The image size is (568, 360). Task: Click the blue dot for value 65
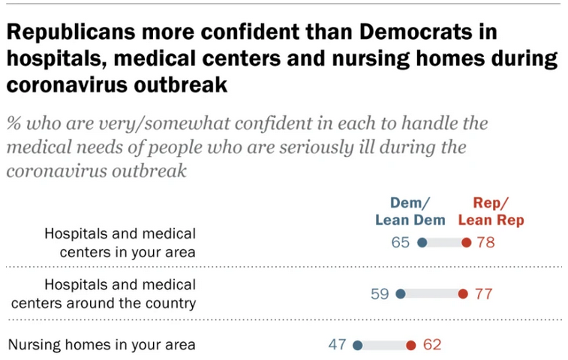click(x=422, y=242)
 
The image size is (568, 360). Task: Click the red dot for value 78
click(x=466, y=242)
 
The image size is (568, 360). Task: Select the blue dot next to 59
click(x=400, y=294)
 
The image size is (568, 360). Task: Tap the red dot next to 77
click(x=463, y=294)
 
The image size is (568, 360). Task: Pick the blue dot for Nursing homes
click(x=357, y=346)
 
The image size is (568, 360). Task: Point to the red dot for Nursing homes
click(x=410, y=346)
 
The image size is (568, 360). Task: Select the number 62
click(x=432, y=345)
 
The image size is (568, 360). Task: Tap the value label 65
click(x=401, y=242)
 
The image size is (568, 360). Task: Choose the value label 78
click(x=486, y=242)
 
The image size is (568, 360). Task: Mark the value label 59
click(x=380, y=294)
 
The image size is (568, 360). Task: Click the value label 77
click(x=484, y=294)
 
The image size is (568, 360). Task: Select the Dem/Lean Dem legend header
click(x=410, y=211)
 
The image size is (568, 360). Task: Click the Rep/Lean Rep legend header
click(x=491, y=211)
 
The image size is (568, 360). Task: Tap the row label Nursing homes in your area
click(x=101, y=345)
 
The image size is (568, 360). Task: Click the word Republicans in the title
click(x=70, y=34)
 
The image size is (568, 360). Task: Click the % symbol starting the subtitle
click(x=15, y=123)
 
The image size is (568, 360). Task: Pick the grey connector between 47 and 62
click(x=383, y=346)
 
